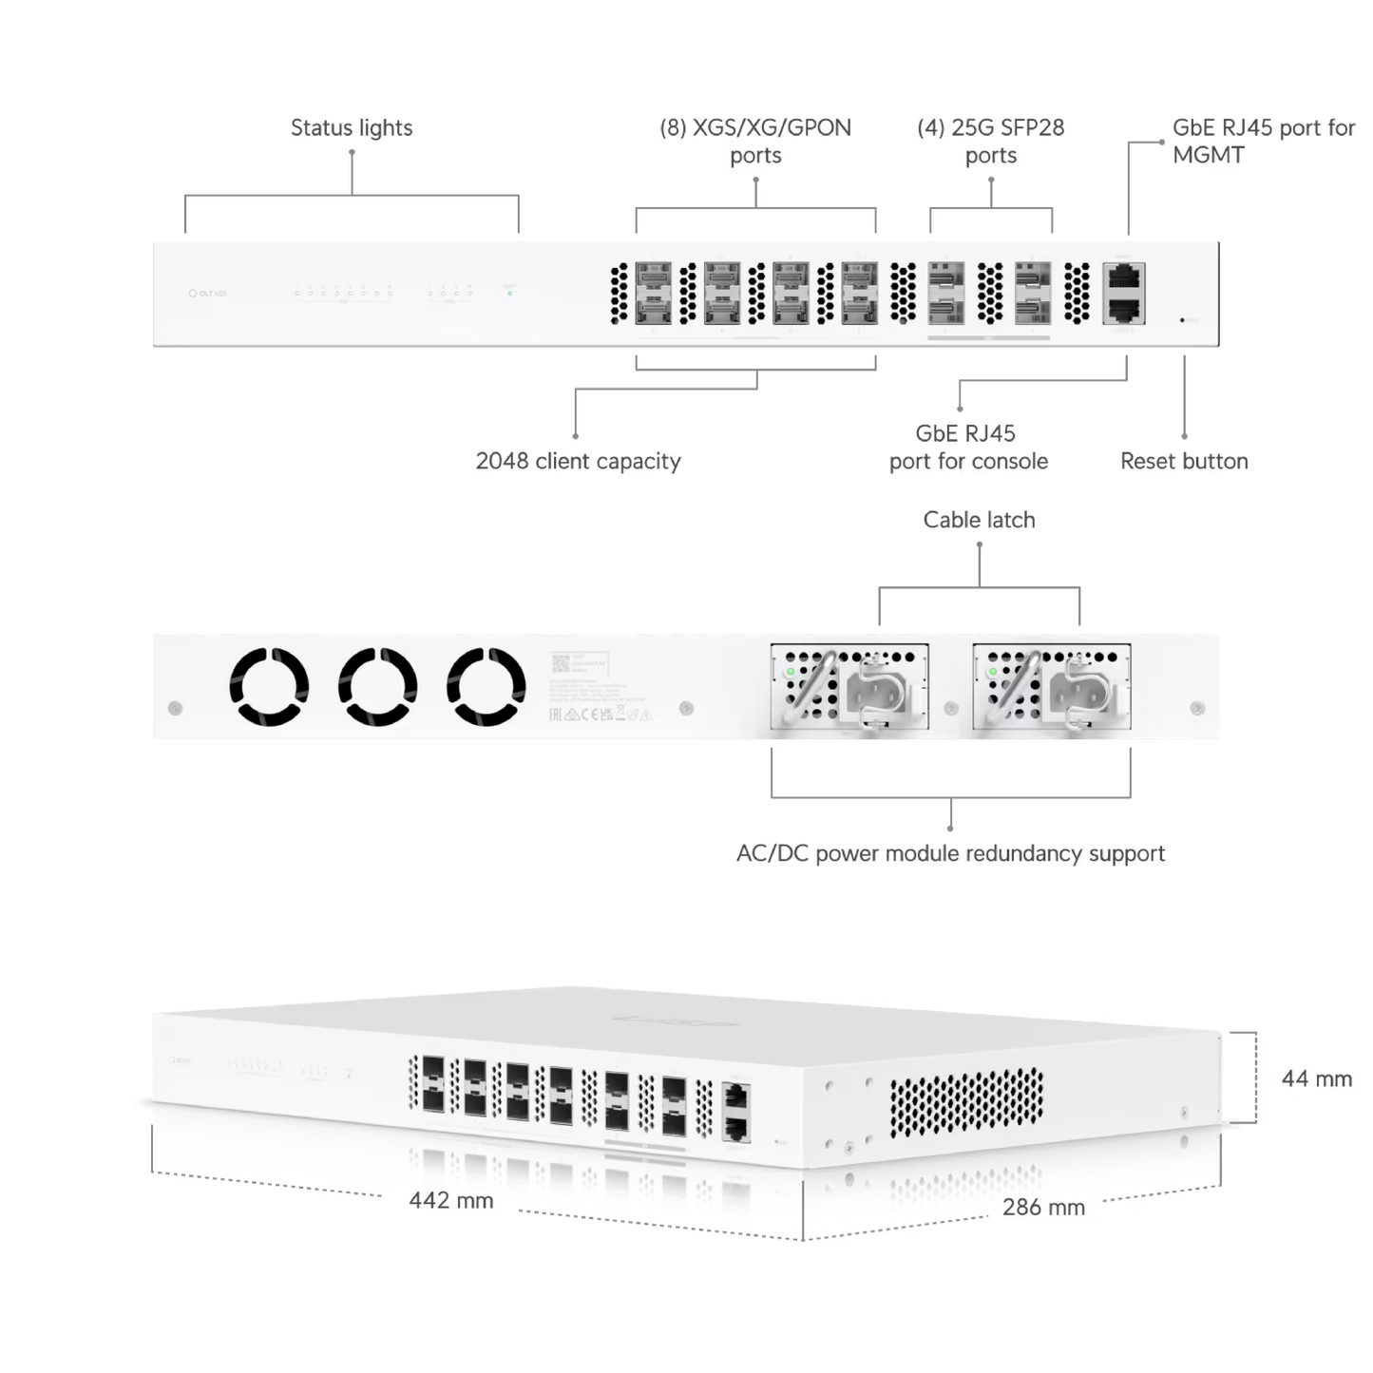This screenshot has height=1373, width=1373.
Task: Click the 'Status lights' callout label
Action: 353,127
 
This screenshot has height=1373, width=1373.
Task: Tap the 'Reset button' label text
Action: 1183,462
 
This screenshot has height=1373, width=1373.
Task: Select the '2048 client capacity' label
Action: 579,462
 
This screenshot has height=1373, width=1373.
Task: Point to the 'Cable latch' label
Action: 979,520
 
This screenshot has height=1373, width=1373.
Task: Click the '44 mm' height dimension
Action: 1317,1078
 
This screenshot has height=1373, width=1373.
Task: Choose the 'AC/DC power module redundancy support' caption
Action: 950,853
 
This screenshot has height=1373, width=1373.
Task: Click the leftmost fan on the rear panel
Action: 270,686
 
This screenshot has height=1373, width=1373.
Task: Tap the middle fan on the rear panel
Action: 378,686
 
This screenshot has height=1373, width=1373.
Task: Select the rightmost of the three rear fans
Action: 486,686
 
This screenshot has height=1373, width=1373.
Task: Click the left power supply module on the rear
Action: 849,686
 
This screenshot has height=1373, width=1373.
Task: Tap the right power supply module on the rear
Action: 1051,686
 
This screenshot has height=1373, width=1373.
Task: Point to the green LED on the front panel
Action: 510,293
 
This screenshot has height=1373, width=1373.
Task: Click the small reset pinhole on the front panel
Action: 1181,320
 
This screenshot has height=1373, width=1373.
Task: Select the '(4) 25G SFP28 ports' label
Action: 991,141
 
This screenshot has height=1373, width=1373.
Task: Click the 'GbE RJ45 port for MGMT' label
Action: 1264,141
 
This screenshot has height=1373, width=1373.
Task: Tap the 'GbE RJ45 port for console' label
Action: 968,448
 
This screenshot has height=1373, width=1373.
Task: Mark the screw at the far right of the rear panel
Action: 1196,709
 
